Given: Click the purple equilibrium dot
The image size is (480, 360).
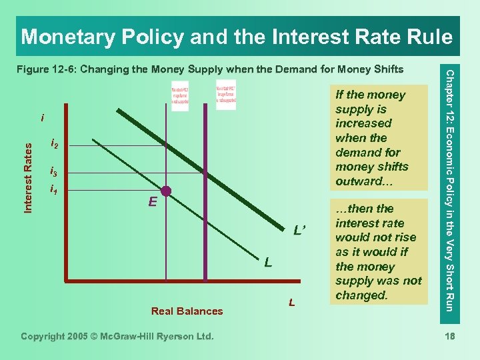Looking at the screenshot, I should click(165, 191).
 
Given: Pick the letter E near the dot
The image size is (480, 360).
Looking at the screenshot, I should click(153, 201).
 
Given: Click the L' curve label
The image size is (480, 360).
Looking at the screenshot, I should click(299, 231).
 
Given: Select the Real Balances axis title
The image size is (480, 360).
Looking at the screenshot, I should click(187, 311).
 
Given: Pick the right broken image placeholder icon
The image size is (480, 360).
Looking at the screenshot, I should click(225, 95).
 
